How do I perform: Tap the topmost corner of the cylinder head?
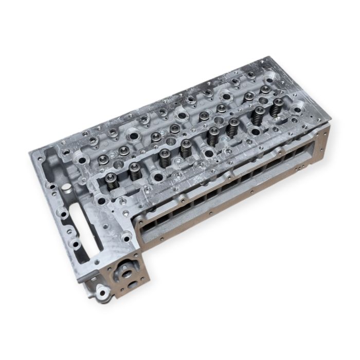[268, 58]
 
